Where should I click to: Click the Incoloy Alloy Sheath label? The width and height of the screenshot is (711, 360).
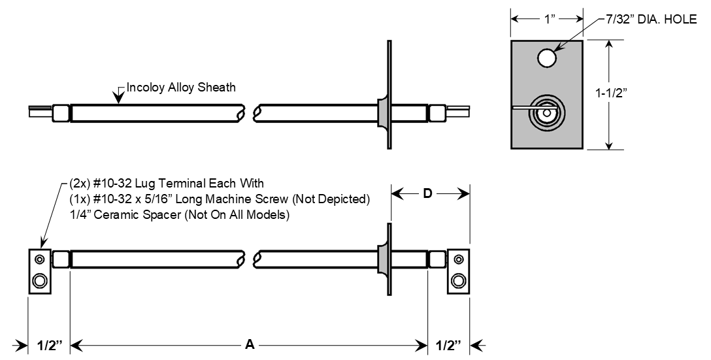(x=181, y=87)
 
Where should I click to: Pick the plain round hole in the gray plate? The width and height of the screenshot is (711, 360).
(x=547, y=59)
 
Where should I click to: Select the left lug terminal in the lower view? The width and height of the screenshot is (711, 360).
(x=39, y=271)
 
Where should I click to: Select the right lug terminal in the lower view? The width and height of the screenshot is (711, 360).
(x=458, y=271)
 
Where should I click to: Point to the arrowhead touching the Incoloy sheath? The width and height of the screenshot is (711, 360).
(x=117, y=99)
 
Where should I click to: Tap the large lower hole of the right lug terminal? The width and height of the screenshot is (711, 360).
(x=459, y=282)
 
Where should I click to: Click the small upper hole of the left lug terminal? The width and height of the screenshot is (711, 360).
(x=39, y=259)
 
